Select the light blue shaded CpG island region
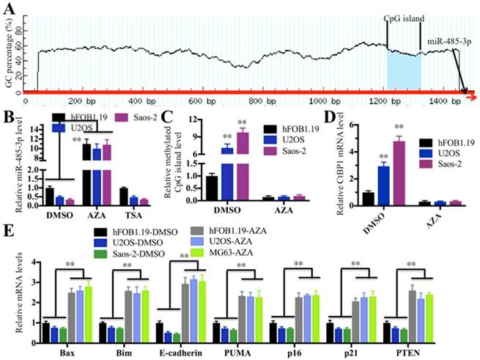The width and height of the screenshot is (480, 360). point(404,70)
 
